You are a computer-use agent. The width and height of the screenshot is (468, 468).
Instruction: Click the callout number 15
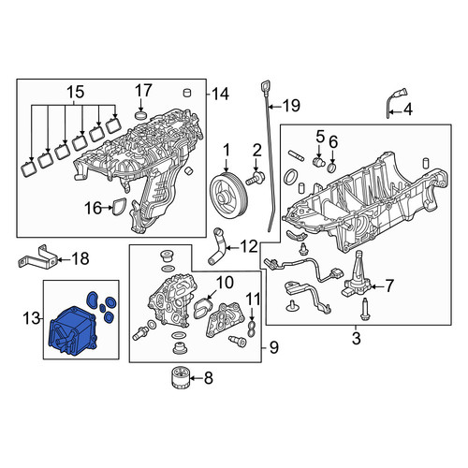(x=76, y=92)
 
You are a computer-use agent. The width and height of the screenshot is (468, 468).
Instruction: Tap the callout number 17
(x=143, y=91)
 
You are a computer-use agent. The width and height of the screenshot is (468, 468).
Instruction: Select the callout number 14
(x=220, y=94)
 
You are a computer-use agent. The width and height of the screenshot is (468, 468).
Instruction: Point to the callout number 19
(x=291, y=106)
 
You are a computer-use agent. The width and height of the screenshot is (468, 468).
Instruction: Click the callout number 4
(x=408, y=110)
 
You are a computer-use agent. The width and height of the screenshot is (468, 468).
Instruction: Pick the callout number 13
(x=32, y=318)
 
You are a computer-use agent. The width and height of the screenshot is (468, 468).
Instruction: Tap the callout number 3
(x=356, y=338)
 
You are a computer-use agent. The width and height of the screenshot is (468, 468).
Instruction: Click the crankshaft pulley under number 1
(x=228, y=195)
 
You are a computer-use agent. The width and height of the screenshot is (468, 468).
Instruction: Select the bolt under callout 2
(x=256, y=177)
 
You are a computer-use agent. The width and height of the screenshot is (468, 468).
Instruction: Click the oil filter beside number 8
(x=180, y=378)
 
